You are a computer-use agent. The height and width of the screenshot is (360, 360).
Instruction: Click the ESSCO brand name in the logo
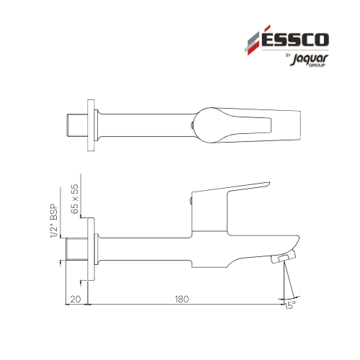click(294, 39)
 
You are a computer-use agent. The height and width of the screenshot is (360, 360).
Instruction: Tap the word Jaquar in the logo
click(309, 59)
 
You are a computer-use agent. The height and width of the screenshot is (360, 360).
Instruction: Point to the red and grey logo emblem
click(253, 40)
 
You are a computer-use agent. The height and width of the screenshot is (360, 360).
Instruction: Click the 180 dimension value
click(181, 299)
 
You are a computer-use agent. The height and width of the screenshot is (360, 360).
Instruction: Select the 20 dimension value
click(76, 299)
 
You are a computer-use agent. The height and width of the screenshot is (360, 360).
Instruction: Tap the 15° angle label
click(290, 305)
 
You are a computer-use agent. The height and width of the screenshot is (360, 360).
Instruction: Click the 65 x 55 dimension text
click(75, 199)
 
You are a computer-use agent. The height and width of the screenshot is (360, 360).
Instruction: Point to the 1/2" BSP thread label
click(54, 221)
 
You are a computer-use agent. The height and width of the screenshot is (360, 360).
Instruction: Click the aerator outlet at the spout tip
click(283, 258)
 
